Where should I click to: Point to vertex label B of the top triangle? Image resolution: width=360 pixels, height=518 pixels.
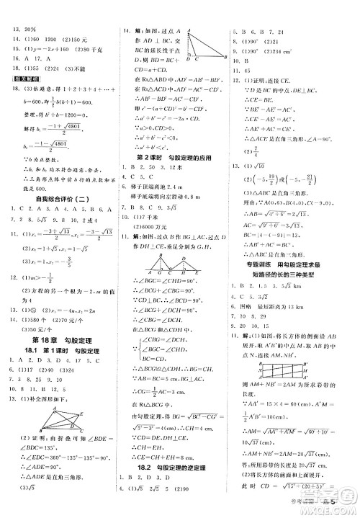click(x=226, y=57)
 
